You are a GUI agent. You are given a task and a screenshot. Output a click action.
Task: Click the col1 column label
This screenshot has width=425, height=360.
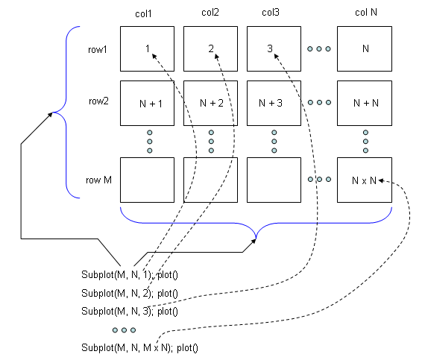coord(143,13)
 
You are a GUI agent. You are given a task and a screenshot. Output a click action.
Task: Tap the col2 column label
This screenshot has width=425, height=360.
coord(210,12)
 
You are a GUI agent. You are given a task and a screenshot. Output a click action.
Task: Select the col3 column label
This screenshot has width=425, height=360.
coord(271,12)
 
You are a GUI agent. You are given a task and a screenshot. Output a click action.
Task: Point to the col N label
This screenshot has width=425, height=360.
coord(366,12)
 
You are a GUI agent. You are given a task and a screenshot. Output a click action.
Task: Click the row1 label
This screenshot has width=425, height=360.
coord(98,50)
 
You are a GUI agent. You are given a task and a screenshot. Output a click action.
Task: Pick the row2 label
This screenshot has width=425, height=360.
coord(98,101)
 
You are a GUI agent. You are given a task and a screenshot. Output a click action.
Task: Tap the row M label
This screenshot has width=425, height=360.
coord(98,180)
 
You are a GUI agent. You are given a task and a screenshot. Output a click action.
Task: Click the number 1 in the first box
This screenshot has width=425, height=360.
coord(148,48)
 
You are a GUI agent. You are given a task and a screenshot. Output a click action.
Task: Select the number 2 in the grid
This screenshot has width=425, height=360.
coord(211,48)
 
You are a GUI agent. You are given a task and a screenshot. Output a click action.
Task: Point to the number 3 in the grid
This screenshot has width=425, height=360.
coord(270,48)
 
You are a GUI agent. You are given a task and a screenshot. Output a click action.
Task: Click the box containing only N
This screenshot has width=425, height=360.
coord(365,48)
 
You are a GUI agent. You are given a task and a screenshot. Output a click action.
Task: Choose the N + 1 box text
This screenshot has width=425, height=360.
coord(151,104)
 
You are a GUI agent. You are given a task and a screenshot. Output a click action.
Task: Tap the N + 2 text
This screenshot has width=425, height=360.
coord(212,103)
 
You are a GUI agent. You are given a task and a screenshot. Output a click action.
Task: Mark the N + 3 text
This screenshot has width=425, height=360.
coord(271,103)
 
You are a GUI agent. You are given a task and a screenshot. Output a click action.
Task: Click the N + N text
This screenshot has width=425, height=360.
coord(366,103)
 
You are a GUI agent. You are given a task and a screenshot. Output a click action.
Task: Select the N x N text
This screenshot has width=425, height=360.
coord(364,180)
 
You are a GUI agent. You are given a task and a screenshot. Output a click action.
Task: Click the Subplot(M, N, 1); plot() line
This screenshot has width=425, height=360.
coord(130,275)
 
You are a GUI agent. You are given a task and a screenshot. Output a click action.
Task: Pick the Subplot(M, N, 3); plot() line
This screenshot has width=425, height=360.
coord(130,311)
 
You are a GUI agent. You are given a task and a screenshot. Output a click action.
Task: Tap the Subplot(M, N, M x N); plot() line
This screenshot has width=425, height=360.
coord(139,347)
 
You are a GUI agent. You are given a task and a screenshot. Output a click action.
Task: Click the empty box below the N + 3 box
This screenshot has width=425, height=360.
coord(274,180)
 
